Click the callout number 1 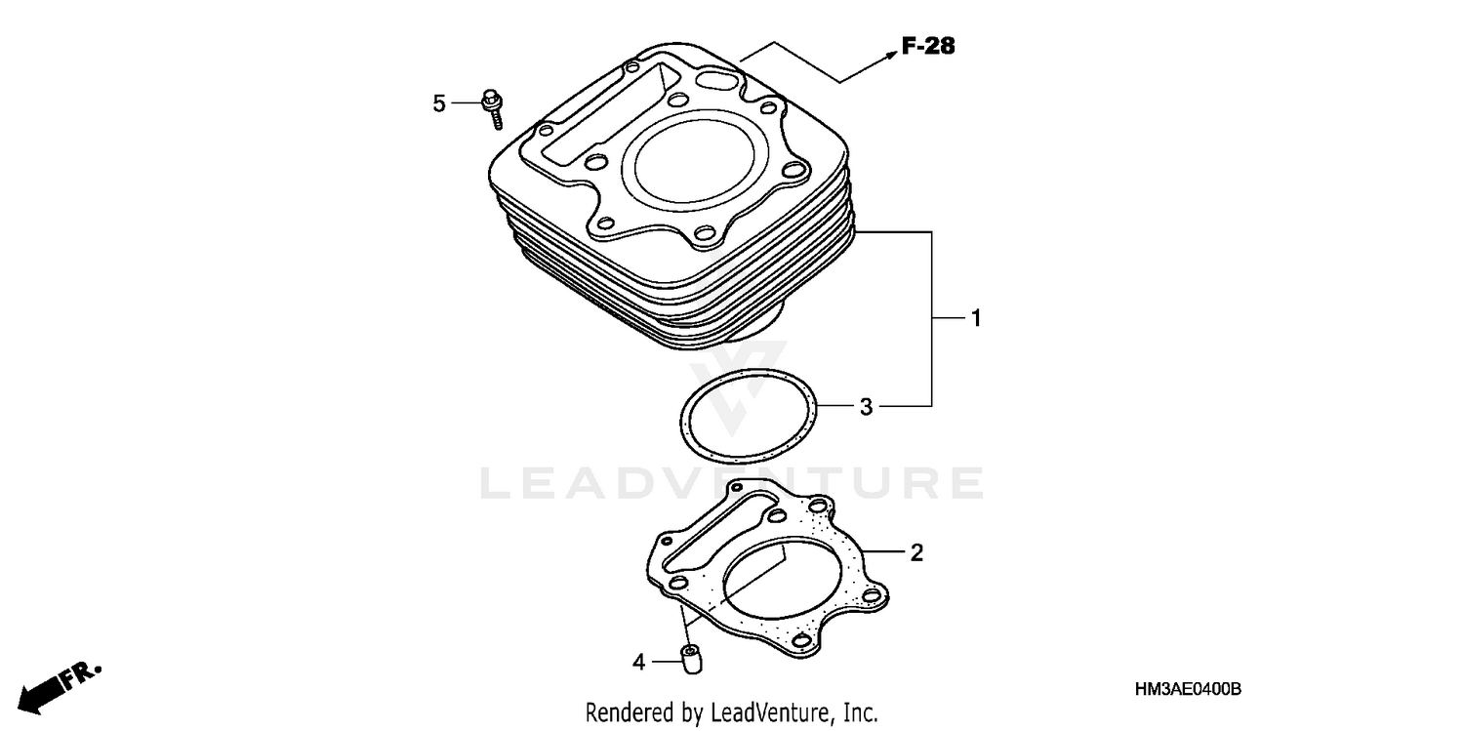[974, 318]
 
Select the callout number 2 [915, 553]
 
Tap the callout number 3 [866, 406]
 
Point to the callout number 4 [639, 663]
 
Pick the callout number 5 [439, 102]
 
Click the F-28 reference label [927, 46]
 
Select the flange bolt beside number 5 [493, 107]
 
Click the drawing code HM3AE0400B [1188, 690]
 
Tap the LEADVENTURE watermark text [732, 483]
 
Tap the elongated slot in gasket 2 [712, 534]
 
